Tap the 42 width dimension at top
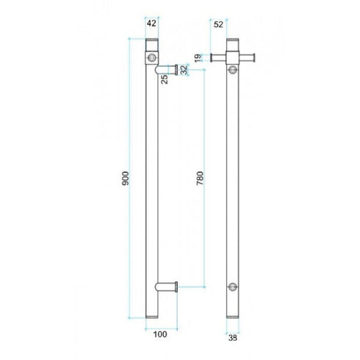[x=152, y=24]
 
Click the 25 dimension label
[x=165, y=78]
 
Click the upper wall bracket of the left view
[x=168, y=68]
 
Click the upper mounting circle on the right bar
[x=234, y=69]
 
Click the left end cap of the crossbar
[x=213, y=57]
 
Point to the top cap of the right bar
[x=234, y=42]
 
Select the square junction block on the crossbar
[x=234, y=57]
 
